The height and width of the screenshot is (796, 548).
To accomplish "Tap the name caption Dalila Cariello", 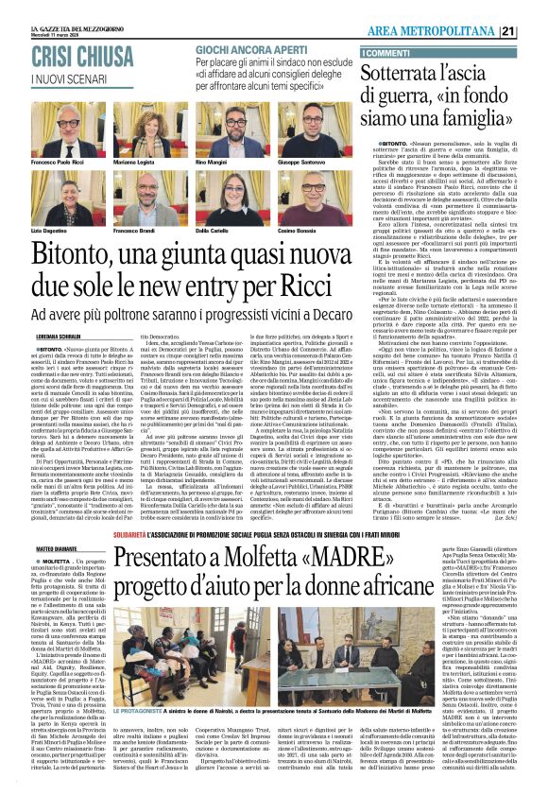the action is pyautogui.click(x=214, y=231).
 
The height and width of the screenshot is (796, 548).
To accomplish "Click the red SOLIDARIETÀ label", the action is pyautogui.click(x=169, y=505).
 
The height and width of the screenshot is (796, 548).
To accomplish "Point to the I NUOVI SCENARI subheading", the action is pyautogui.click(x=66, y=78).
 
